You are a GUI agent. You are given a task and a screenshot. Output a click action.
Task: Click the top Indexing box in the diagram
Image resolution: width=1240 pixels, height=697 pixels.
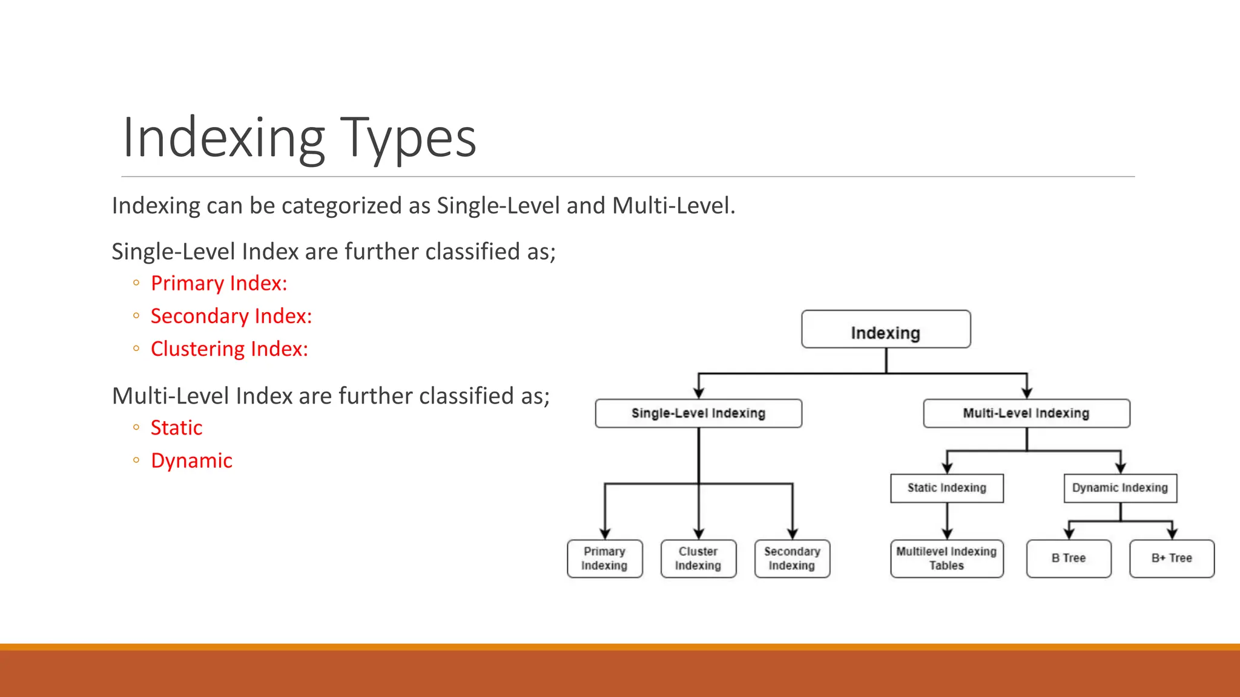886,330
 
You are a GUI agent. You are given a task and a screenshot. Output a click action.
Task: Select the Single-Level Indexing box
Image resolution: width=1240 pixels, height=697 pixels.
698,413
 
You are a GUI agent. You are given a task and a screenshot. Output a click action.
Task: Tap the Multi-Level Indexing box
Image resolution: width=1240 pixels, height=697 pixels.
1026,413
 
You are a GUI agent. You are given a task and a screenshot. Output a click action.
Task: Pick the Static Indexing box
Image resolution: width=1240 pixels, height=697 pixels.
946,488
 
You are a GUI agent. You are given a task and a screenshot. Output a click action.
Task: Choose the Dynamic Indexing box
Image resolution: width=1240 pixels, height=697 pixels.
1120,488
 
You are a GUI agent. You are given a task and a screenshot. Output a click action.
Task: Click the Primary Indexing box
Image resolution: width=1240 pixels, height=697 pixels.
604,558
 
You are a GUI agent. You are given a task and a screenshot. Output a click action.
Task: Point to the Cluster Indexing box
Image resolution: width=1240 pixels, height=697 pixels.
698,558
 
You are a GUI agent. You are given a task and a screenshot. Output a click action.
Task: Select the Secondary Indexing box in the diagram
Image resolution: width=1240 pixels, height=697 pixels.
792,558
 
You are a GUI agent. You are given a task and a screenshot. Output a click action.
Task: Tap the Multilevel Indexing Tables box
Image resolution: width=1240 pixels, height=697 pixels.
946,558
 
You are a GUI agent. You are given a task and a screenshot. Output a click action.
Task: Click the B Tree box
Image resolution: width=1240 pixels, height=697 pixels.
1069,558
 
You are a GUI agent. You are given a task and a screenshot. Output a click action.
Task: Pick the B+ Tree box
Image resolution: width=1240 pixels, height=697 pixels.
1172,558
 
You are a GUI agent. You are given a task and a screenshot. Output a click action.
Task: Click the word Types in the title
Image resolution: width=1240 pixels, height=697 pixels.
408,139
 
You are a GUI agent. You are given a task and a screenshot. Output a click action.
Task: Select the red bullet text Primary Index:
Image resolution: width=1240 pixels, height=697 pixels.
219,283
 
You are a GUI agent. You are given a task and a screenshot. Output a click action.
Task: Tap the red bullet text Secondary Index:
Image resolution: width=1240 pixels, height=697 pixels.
231,316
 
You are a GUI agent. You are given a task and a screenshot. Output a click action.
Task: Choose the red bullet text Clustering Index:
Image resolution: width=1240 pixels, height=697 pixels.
229,349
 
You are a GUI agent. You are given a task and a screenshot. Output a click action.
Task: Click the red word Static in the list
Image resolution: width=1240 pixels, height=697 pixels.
176,428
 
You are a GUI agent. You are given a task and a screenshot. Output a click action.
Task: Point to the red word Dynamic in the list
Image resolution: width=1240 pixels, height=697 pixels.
191,461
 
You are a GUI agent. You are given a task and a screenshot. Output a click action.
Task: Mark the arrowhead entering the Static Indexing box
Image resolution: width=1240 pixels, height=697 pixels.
948,468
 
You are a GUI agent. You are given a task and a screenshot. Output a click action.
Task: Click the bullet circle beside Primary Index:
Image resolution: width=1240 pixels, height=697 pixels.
136,283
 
